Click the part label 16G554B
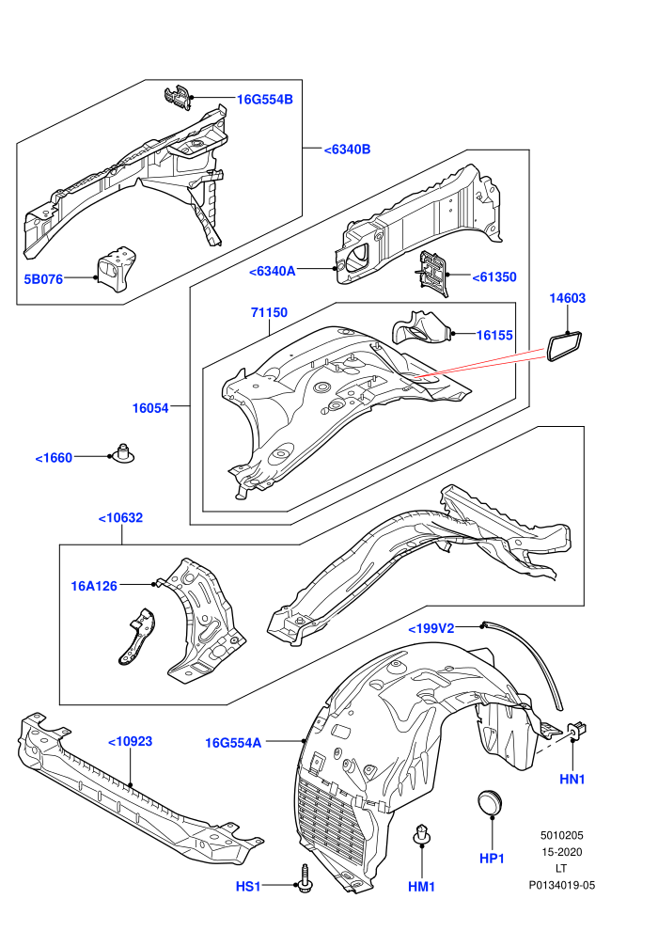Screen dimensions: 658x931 (265, 99)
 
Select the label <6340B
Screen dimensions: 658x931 (347, 149)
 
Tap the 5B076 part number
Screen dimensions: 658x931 (43, 278)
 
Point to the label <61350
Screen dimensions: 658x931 (494, 276)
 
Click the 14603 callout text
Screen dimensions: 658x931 (567, 298)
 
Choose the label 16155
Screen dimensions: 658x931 (494, 335)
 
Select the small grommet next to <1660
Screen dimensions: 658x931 (124, 453)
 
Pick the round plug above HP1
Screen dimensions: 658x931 (490, 803)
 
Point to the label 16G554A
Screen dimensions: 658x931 (233, 743)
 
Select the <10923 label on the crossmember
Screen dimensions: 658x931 (130, 742)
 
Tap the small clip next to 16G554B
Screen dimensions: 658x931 (178, 98)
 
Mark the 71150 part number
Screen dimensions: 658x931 (269, 312)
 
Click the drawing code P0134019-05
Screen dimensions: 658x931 (562, 885)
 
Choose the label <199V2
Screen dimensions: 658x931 (431, 628)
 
